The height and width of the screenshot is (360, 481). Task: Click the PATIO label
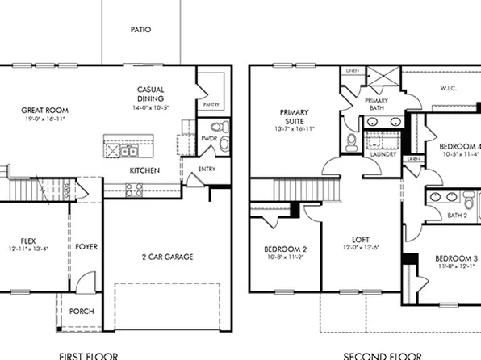click(x=141, y=30)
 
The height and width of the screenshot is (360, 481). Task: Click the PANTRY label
click(x=212, y=104)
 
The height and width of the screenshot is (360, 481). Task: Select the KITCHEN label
click(x=144, y=170)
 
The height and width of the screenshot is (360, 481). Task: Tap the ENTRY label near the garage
click(x=207, y=170)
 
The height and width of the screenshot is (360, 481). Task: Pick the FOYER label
click(x=86, y=246)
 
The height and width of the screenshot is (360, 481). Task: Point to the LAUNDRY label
click(x=383, y=153)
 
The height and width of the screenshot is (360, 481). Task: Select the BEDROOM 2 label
click(x=283, y=249)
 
